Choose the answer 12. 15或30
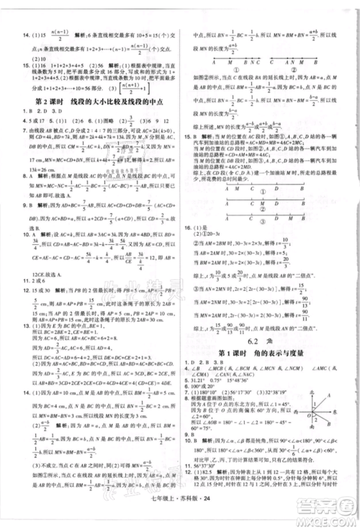(x=26, y=287)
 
